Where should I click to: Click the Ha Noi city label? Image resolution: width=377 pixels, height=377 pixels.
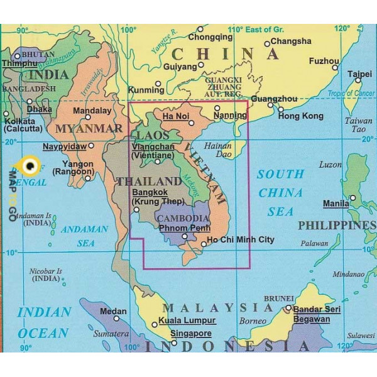(x=175, y=116)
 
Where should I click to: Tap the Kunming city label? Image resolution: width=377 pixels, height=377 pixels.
(x=146, y=90)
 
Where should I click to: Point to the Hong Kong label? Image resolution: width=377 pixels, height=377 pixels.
(x=300, y=116)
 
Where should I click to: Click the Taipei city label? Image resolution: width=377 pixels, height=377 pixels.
(x=359, y=74)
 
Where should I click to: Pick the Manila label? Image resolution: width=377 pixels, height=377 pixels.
(x=336, y=204)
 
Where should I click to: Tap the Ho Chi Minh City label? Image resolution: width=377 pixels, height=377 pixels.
(x=241, y=239)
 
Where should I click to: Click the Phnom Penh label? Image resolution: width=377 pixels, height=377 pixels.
(x=184, y=227)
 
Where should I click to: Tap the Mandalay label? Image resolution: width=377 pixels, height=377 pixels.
(x=92, y=110)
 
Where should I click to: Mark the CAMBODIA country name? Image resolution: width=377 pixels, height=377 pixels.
(x=183, y=217)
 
